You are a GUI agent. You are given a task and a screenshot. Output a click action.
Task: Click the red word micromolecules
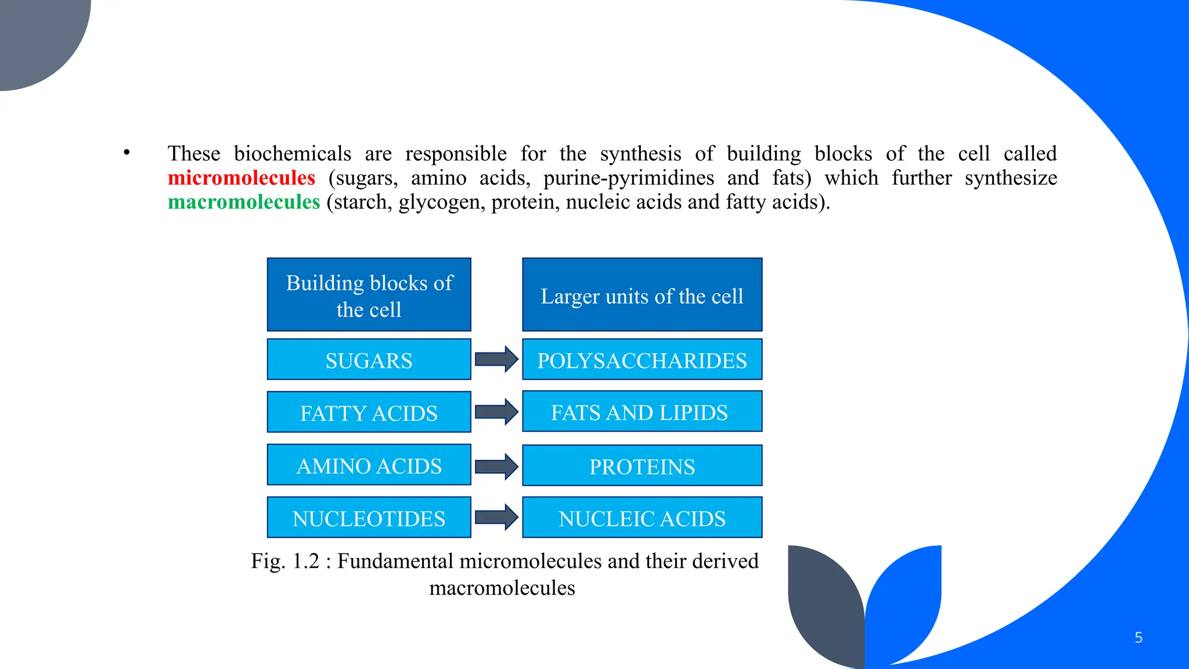tap(241, 178)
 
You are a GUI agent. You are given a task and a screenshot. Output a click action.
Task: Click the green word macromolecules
tap(244, 202)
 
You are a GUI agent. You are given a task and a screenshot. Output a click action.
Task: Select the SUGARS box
tap(369, 360)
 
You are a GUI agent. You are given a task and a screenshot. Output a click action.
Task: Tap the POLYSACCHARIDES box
tap(642, 360)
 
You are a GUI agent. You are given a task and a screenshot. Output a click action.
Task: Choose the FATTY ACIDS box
tap(369, 412)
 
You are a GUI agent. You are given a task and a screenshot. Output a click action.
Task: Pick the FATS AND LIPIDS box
tap(642, 412)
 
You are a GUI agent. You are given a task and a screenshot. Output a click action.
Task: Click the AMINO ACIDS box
tap(369, 465)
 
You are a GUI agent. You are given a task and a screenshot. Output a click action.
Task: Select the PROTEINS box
tap(642, 466)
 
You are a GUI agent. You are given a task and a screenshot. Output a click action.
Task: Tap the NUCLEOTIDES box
tap(369, 517)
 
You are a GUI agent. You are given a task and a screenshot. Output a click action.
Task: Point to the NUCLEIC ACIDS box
tap(642, 517)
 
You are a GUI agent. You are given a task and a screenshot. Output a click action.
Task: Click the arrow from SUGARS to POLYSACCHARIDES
tap(496, 359)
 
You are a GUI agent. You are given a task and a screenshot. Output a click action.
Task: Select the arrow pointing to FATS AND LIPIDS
tap(496, 412)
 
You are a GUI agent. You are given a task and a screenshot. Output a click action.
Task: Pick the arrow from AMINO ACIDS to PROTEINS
tap(496, 466)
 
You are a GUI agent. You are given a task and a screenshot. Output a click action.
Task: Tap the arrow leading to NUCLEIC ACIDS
tap(496, 517)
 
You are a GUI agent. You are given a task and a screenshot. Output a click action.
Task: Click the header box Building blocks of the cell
tap(369, 295)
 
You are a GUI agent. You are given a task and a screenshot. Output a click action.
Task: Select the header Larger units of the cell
tap(642, 295)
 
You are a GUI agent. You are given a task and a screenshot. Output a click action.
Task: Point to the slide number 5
tap(1138, 638)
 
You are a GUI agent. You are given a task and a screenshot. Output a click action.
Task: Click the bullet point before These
tap(127, 153)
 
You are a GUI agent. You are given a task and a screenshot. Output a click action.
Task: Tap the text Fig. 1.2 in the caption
tap(285, 561)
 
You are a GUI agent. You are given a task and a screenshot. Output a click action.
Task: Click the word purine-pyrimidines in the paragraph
tap(629, 178)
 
